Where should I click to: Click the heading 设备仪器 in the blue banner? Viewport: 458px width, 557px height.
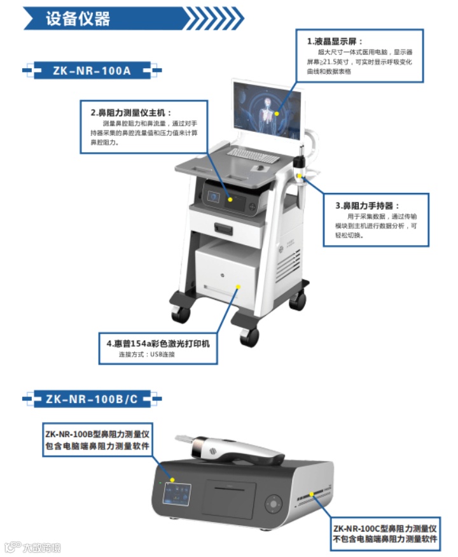pos(78,18)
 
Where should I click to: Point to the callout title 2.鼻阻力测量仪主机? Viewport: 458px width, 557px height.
pos(131,113)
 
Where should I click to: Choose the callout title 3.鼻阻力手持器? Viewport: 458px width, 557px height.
pos(368,206)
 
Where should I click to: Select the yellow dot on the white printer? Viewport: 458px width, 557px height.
pos(239,287)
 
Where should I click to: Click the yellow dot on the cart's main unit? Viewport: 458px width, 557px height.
pos(230,199)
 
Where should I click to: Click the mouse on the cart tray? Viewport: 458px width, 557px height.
pos(260,168)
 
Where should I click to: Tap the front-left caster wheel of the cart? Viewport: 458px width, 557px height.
pos(181,314)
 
